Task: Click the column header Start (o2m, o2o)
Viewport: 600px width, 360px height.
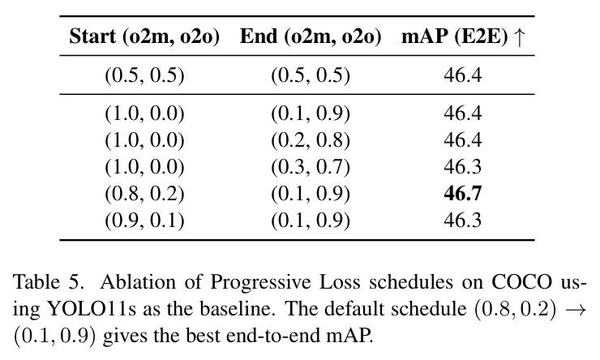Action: (144, 37)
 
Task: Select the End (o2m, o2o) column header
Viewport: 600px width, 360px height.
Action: (311, 37)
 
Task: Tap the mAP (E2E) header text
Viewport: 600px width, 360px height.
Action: (455, 37)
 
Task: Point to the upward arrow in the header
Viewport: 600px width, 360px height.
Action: (519, 37)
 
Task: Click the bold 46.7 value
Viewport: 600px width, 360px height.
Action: (463, 194)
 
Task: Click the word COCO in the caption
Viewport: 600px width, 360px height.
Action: (521, 282)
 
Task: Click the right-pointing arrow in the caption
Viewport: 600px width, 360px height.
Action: (576, 309)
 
